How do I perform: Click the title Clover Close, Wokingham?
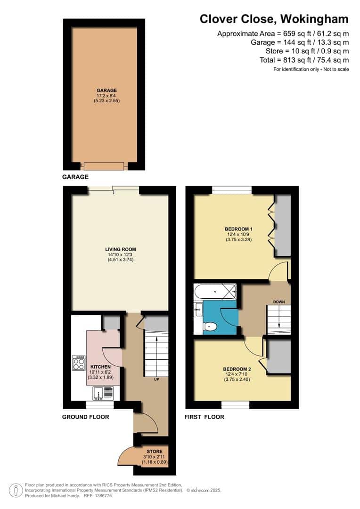coord(274,19)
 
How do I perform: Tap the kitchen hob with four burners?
coord(78,362)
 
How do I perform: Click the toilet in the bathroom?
coord(210,327)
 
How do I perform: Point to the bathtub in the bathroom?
coord(215,292)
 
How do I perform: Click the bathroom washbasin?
coord(197,310)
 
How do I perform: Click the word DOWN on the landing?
coord(278,302)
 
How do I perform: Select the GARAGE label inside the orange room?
coord(106,90)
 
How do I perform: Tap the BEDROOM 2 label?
coord(238,369)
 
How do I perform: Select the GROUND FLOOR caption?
coord(86,417)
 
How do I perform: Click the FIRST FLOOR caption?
coord(205,417)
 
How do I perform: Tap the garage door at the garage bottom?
coord(104,165)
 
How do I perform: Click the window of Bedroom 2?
coord(235,404)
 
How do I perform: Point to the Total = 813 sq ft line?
coord(304,60)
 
